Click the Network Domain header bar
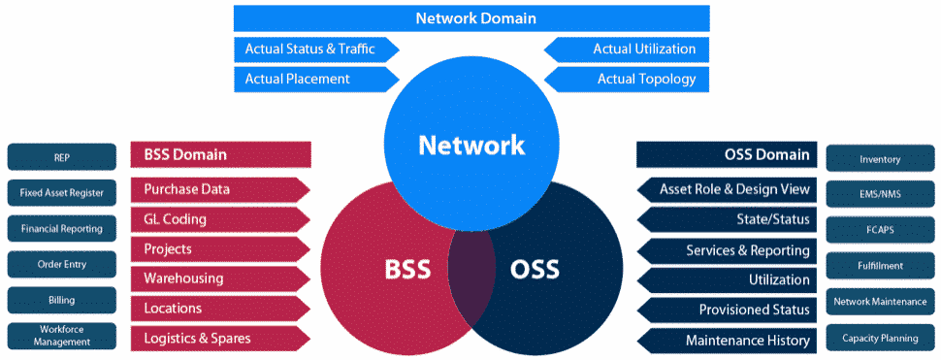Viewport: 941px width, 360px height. click(470, 18)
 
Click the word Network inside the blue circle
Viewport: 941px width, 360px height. click(470, 146)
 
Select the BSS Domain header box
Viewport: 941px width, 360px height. click(220, 154)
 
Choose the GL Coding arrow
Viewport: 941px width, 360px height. click(220, 219)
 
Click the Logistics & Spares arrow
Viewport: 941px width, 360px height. click(220, 339)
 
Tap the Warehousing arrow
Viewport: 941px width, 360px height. click(220, 278)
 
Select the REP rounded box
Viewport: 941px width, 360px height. click(62, 157)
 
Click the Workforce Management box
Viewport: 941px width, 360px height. click(62, 336)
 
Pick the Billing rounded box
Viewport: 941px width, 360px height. click(62, 300)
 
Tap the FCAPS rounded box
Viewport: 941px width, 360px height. click(880, 230)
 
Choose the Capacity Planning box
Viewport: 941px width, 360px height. click(880, 339)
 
